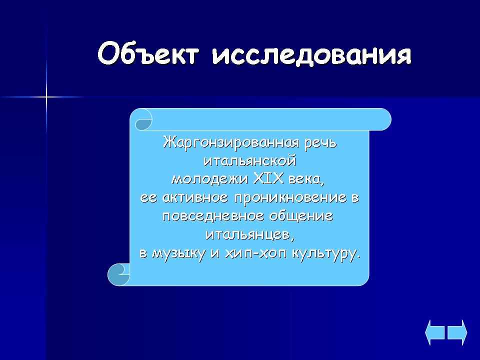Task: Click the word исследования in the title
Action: pyautogui.click(x=312, y=54)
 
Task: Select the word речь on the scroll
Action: pyautogui.click(x=320, y=143)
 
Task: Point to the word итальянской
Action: pyautogui.click(x=250, y=160)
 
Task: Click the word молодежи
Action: pyautogui.click(x=209, y=179)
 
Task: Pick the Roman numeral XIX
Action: pyautogui.click(x=268, y=178)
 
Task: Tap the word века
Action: pyautogui.click(x=306, y=179)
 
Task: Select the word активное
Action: pyautogui.click(x=195, y=197)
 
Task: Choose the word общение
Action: pyautogui.click(x=301, y=216)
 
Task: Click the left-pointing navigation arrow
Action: pyautogui.click(x=434, y=332)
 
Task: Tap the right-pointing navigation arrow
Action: pyautogui.click(x=457, y=332)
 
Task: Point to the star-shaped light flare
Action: pyautogui.click(x=46, y=97)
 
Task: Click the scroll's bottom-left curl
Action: pyautogui.click(x=119, y=274)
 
